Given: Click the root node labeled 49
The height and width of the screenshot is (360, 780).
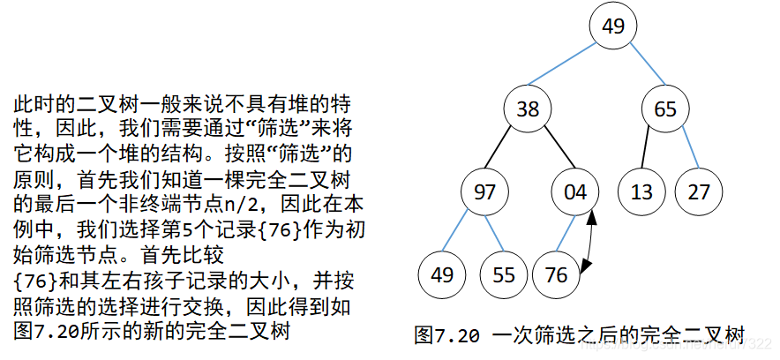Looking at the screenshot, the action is coord(614,26).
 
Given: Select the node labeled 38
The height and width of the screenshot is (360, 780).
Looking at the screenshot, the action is coord(528,109).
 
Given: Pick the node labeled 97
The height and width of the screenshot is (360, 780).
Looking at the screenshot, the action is coord(484,191).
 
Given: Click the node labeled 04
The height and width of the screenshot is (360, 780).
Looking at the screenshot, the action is coord(574,191).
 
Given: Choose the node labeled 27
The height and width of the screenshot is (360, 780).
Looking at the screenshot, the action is coord(699,191).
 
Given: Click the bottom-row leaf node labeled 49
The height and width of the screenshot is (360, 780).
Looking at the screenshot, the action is coord(442,274).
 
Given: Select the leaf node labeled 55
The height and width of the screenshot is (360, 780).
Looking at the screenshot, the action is coord(504,274).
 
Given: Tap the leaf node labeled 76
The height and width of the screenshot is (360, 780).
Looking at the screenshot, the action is coord(557,274).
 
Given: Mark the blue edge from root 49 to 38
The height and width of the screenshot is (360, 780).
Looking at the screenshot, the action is coord(571,68).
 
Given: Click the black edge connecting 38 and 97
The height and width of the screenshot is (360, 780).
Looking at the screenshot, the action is coord(506,150).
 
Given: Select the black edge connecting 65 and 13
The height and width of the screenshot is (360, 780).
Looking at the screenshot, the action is coord(649,150).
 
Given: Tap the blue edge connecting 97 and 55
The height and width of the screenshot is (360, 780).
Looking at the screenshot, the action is coord(494,233).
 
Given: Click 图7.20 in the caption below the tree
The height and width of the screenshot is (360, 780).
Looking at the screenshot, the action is coord(446,336).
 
